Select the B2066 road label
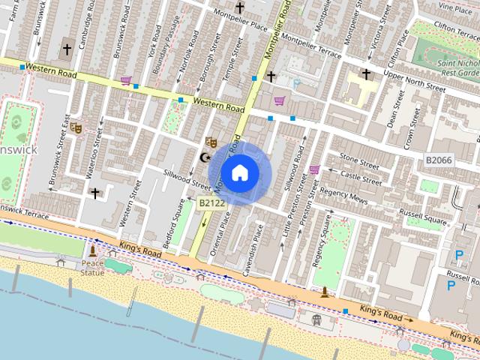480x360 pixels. pos(439,160)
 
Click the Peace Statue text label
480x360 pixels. pos(92,265)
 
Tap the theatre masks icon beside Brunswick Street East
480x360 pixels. pos(75,127)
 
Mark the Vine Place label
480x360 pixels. pos(455,7)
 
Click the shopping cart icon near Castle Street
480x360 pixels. pos(314,169)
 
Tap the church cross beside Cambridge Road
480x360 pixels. pos(66,50)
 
